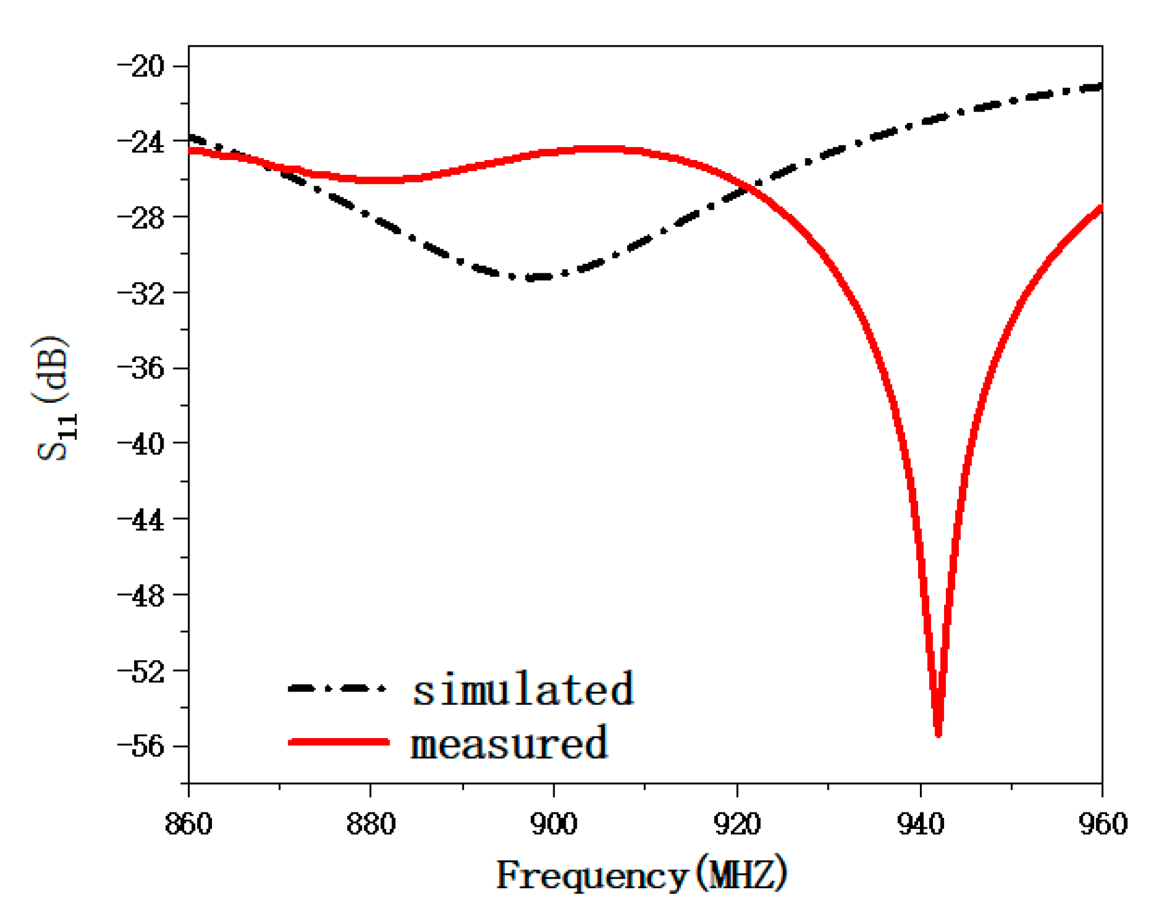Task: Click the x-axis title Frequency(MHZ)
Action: click(641, 874)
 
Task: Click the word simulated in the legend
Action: click(523, 688)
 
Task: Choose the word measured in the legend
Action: click(508, 743)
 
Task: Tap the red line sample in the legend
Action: click(338, 742)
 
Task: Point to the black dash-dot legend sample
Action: click(337, 688)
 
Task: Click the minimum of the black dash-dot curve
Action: click(534, 277)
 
